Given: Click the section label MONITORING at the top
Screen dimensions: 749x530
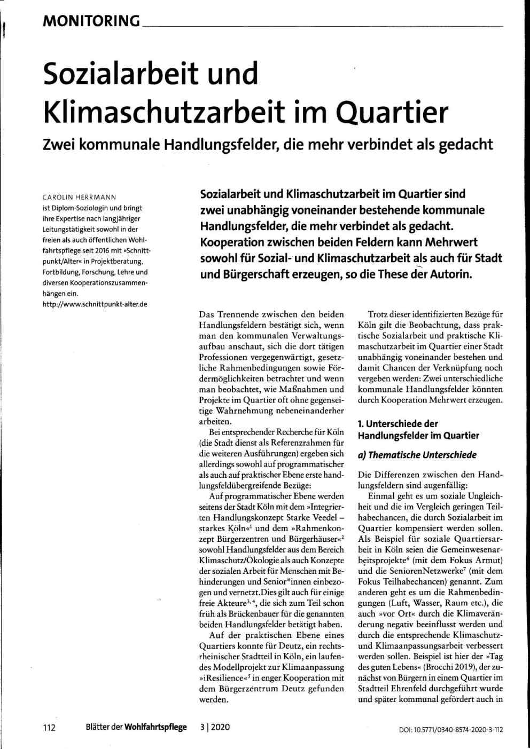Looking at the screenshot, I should (x=91, y=21).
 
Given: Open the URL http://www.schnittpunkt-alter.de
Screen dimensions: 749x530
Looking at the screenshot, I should (x=95, y=304).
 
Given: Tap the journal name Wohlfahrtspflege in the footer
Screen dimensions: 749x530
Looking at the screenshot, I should (x=156, y=727).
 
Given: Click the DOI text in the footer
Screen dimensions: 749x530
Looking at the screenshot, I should (x=451, y=729).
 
